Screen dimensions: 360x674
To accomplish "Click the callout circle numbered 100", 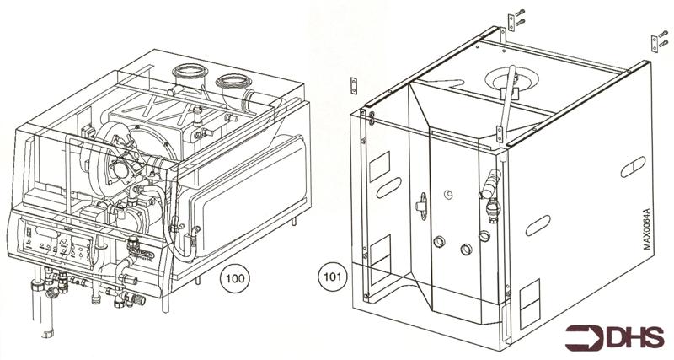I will click(x=233, y=276).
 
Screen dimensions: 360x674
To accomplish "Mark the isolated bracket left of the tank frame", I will click(x=354, y=86).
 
